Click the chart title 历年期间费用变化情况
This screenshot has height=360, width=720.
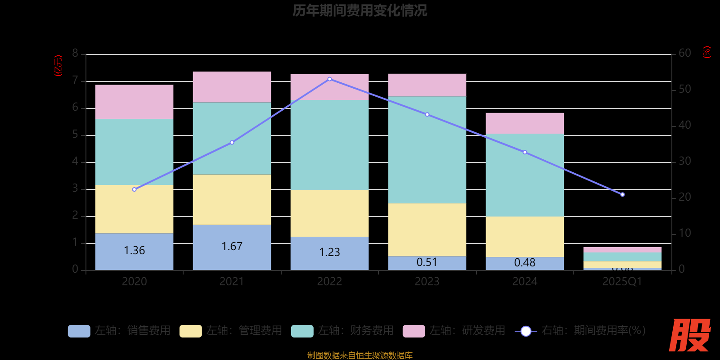point(360,10)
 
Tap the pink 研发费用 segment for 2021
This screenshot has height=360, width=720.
point(232,87)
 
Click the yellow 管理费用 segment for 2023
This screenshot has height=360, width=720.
point(427,229)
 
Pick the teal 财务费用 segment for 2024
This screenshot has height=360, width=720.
point(525,175)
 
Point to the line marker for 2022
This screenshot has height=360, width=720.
point(329,79)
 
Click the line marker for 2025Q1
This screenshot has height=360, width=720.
point(622,194)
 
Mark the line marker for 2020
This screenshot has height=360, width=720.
point(134,189)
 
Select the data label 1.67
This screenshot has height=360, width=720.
point(232,247)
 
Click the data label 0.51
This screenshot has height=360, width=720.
point(427,262)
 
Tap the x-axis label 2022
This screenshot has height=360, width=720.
point(329,282)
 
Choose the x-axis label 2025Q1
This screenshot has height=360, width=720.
point(622,282)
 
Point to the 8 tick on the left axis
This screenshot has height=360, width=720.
point(75,54)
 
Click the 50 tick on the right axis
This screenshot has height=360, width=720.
point(684,89)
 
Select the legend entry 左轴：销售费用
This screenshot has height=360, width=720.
point(119,331)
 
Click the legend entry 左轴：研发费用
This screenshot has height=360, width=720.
point(454,331)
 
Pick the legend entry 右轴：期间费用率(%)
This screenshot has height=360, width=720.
point(580,331)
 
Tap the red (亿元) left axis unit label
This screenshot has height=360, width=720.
point(58,66)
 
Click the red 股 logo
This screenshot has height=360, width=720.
point(689,335)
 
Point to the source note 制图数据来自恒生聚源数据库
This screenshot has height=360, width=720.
point(360,355)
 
